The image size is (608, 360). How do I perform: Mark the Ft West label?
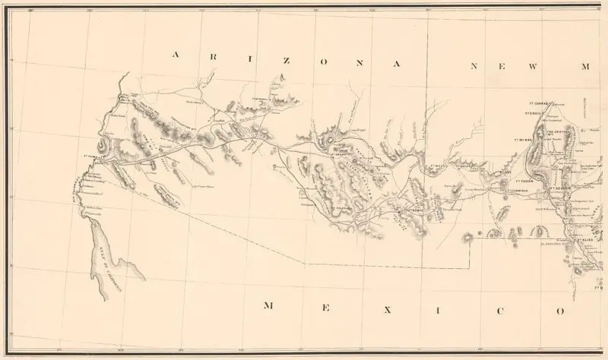point(438,167)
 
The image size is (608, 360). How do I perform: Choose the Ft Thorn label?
point(525,182)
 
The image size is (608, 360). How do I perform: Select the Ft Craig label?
point(534,113)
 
